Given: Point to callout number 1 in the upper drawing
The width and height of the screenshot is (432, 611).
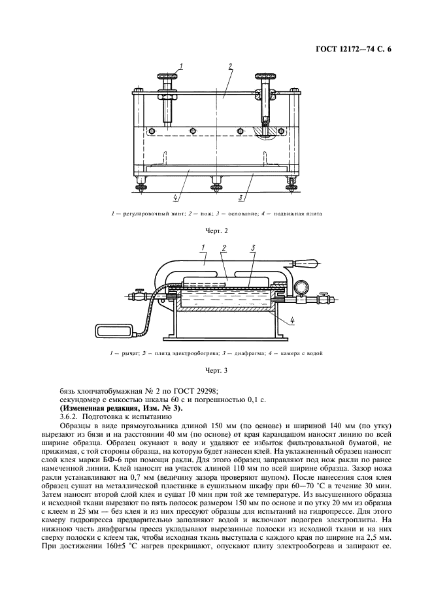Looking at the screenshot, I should point(180,66).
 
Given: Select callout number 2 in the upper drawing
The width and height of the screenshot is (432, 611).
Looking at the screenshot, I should point(231,66).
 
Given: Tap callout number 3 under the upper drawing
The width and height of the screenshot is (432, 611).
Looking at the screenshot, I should point(242,196).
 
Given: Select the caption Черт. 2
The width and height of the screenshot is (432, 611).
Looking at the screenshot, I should point(216,230).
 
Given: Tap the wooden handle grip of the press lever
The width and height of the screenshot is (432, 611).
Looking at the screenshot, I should point(303,265).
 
